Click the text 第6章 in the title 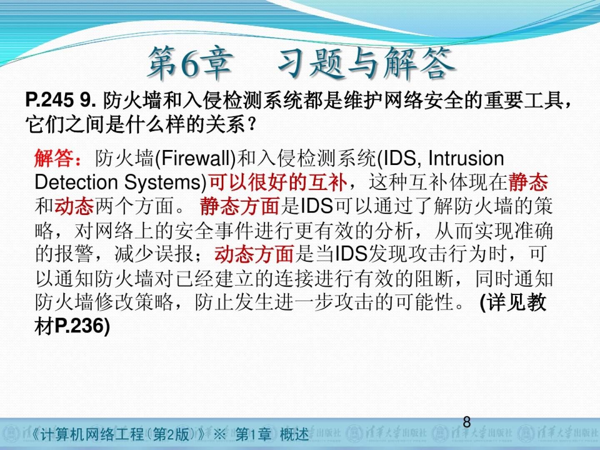click(x=190, y=63)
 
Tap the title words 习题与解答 click(x=367, y=63)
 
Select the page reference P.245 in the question click(x=50, y=100)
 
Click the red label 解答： click(x=57, y=159)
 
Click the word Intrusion click(x=466, y=158)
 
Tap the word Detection click(x=76, y=182)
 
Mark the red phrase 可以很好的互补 click(x=278, y=182)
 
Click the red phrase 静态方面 click(x=239, y=206)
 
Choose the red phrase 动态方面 click(x=254, y=254)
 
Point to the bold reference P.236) click(x=82, y=326)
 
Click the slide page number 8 click(x=467, y=422)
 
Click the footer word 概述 click(x=294, y=435)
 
